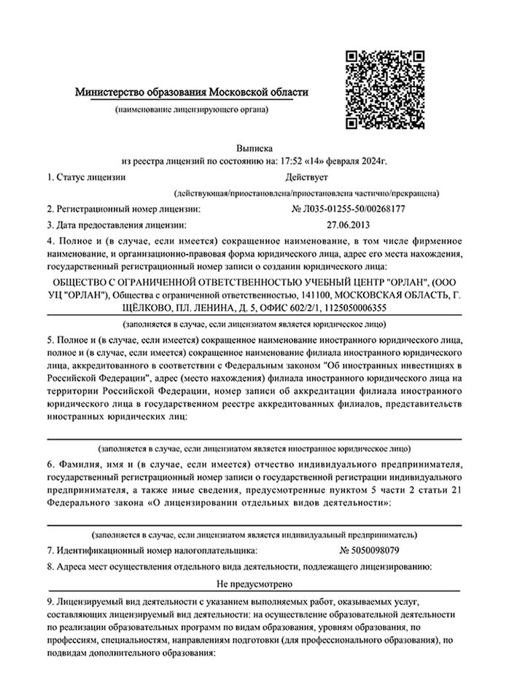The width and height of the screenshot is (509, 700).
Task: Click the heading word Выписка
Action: pos(254,148)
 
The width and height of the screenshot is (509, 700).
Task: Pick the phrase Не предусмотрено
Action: pos(254,584)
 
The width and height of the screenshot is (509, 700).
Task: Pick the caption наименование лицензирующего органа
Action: pos(192,109)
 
